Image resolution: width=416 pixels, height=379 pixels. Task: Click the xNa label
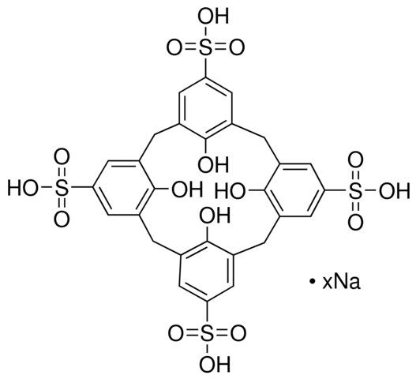coord(342,283)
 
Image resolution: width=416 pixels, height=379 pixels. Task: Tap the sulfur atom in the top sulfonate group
coord(204,48)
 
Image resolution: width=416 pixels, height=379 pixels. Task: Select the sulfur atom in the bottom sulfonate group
coord(207,334)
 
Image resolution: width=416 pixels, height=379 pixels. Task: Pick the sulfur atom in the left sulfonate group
coord(62,189)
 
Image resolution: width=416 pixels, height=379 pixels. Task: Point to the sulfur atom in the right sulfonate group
coord(355,189)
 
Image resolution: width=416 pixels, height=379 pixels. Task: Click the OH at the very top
coord(213,16)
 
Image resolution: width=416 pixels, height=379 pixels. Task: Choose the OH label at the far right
coord(395,190)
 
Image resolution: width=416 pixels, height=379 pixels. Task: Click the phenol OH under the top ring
coord(213,165)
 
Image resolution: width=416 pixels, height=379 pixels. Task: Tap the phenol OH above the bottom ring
coord(215,216)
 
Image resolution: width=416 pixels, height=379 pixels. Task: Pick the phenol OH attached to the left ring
coord(187,189)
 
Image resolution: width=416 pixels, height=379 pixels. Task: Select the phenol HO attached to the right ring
coord(230,190)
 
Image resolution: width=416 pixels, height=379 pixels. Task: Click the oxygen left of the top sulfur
coord(174,49)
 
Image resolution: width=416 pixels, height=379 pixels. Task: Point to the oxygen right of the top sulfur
coord(236,49)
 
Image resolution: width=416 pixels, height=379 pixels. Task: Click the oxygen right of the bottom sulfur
coord(238,334)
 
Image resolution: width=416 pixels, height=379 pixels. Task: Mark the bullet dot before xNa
coord(313,281)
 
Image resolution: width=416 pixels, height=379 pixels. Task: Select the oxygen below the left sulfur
coord(62,220)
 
